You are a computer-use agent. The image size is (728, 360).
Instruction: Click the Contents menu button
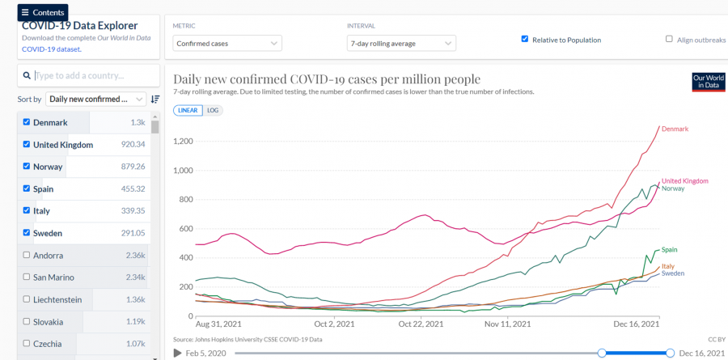(x=43, y=12)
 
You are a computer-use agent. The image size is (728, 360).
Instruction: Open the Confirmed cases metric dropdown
(x=227, y=43)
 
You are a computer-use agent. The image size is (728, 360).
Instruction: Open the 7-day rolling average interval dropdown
(x=401, y=43)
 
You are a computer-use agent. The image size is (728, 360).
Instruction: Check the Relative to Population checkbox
(x=525, y=39)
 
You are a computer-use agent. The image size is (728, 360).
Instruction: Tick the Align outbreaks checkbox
(x=669, y=39)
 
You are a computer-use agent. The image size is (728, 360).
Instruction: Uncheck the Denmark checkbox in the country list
(x=27, y=123)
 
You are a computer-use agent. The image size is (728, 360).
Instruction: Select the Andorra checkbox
(x=27, y=256)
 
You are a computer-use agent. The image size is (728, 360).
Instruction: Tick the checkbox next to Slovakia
(x=27, y=321)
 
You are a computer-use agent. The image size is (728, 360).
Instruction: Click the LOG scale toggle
(x=213, y=110)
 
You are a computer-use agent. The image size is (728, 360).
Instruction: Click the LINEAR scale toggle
(x=188, y=110)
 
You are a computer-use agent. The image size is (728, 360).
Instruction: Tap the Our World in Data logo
(x=708, y=82)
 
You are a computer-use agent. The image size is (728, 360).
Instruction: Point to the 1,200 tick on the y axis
(x=181, y=142)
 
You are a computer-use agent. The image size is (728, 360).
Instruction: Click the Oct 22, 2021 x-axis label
(x=421, y=324)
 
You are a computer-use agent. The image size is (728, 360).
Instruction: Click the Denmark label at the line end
(x=675, y=129)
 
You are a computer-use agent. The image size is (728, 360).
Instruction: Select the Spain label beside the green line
(x=669, y=250)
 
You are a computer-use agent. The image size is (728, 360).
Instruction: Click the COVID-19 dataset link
(x=50, y=49)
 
